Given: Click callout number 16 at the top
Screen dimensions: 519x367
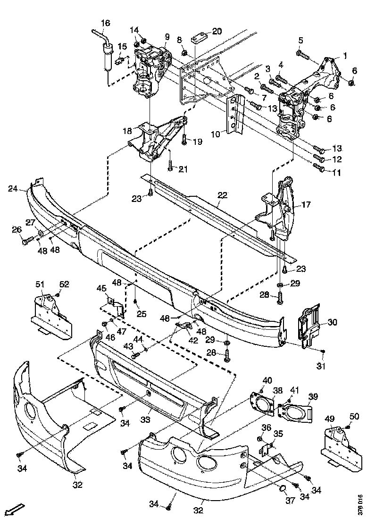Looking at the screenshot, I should point(105,23).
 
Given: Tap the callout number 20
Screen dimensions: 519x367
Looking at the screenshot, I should point(217,32).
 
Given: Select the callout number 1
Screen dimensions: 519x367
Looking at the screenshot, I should point(344,55).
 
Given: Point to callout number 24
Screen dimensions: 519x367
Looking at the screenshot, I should point(13,189).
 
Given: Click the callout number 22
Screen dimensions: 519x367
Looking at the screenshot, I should point(222,195).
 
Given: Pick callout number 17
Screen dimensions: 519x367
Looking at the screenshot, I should point(306,205).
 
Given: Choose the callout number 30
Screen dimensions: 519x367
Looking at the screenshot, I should point(333,322).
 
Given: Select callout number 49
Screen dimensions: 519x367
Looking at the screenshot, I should point(330,419).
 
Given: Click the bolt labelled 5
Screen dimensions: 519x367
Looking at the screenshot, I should point(301,55).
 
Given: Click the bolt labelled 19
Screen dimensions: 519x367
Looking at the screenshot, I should point(184,140).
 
